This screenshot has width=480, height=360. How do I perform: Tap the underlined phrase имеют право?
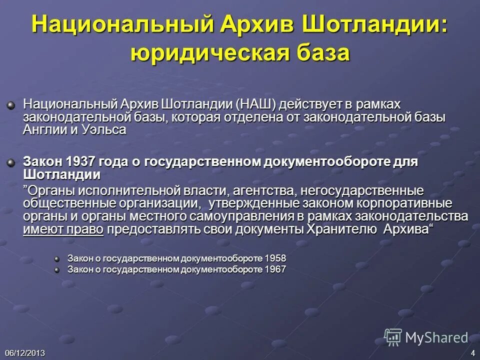[x=63, y=229]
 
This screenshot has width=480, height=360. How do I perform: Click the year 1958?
[x=276, y=258]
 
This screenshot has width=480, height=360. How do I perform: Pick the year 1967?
[x=276, y=269]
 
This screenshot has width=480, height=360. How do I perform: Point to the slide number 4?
[x=473, y=353]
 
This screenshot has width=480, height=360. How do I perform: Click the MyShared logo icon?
[x=393, y=337]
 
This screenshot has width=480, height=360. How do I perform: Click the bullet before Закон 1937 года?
[x=10, y=162]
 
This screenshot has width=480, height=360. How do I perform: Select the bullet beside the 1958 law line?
[x=56, y=259]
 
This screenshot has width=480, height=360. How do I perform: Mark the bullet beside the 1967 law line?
[x=56, y=270]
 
